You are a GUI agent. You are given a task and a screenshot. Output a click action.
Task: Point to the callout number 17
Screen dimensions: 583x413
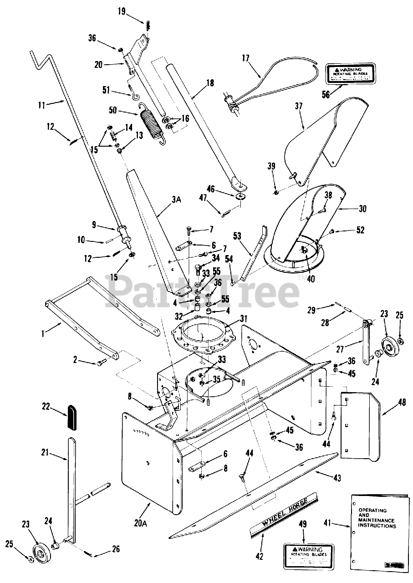(245, 58)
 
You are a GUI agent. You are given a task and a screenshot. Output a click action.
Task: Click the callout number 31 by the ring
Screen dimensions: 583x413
(244, 318)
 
